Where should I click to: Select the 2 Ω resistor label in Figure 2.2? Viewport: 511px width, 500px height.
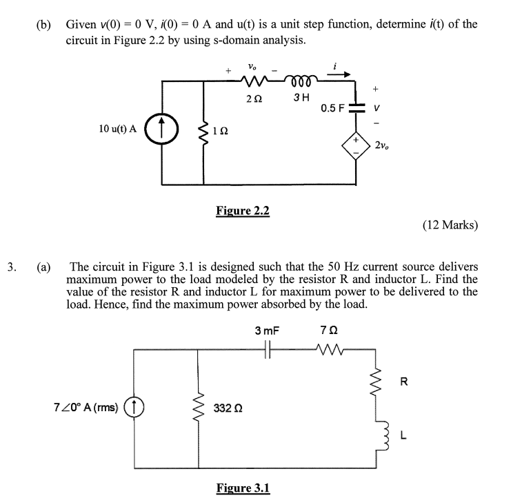pos(252,99)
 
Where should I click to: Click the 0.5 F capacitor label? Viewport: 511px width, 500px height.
pos(333,108)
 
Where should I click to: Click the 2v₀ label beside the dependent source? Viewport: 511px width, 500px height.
pos(383,145)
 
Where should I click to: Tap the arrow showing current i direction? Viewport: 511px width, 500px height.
pos(342,74)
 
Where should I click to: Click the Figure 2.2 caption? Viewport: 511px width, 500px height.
pos(243,210)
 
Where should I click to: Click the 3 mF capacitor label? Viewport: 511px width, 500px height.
pos(267,330)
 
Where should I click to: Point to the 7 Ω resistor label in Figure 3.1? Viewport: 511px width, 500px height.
pos(328,330)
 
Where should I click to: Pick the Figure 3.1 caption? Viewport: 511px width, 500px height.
pos(243,488)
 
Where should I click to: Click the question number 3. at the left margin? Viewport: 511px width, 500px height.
pos(11,267)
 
